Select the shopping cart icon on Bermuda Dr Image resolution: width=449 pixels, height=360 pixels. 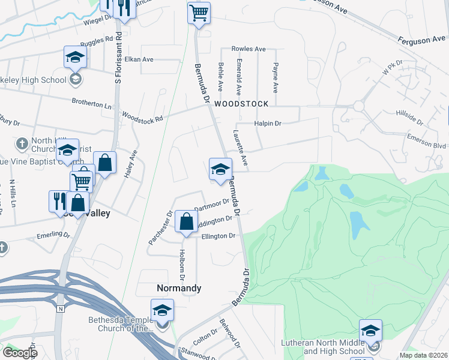[199, 13]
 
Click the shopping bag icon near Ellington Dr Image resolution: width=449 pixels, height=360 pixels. [187, 221]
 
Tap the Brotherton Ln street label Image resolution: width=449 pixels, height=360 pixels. [92, 103]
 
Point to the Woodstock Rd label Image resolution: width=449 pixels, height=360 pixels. [142, 116]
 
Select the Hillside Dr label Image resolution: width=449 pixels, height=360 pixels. [409, 116]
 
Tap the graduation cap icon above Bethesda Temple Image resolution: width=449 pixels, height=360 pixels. [162, 310]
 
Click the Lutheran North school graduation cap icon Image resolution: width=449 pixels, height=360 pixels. [370, 331]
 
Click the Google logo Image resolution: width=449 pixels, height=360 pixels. [19, 352]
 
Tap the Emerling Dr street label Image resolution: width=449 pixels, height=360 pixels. [54, 235]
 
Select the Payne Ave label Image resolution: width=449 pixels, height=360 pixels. [276, 78]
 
